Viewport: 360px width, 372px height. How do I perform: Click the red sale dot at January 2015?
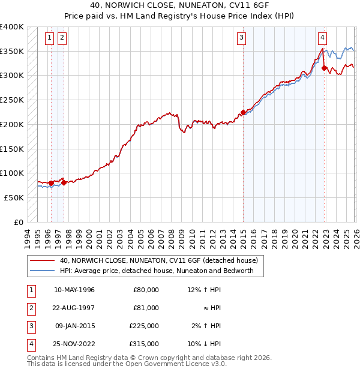tap(243, 112)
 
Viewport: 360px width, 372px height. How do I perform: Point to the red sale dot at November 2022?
tap(325, 68)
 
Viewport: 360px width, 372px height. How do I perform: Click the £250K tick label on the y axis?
tap(12, 100)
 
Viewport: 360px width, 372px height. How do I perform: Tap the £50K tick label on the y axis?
tap(14, 197)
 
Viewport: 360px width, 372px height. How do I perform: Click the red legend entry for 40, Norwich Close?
tap(158, 260)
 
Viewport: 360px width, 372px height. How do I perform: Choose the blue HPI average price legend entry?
tap(157, 271)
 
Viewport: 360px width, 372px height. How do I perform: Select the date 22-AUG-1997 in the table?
tap(74, 308)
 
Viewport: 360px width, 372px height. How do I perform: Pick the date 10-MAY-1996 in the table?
tap(74, 290)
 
